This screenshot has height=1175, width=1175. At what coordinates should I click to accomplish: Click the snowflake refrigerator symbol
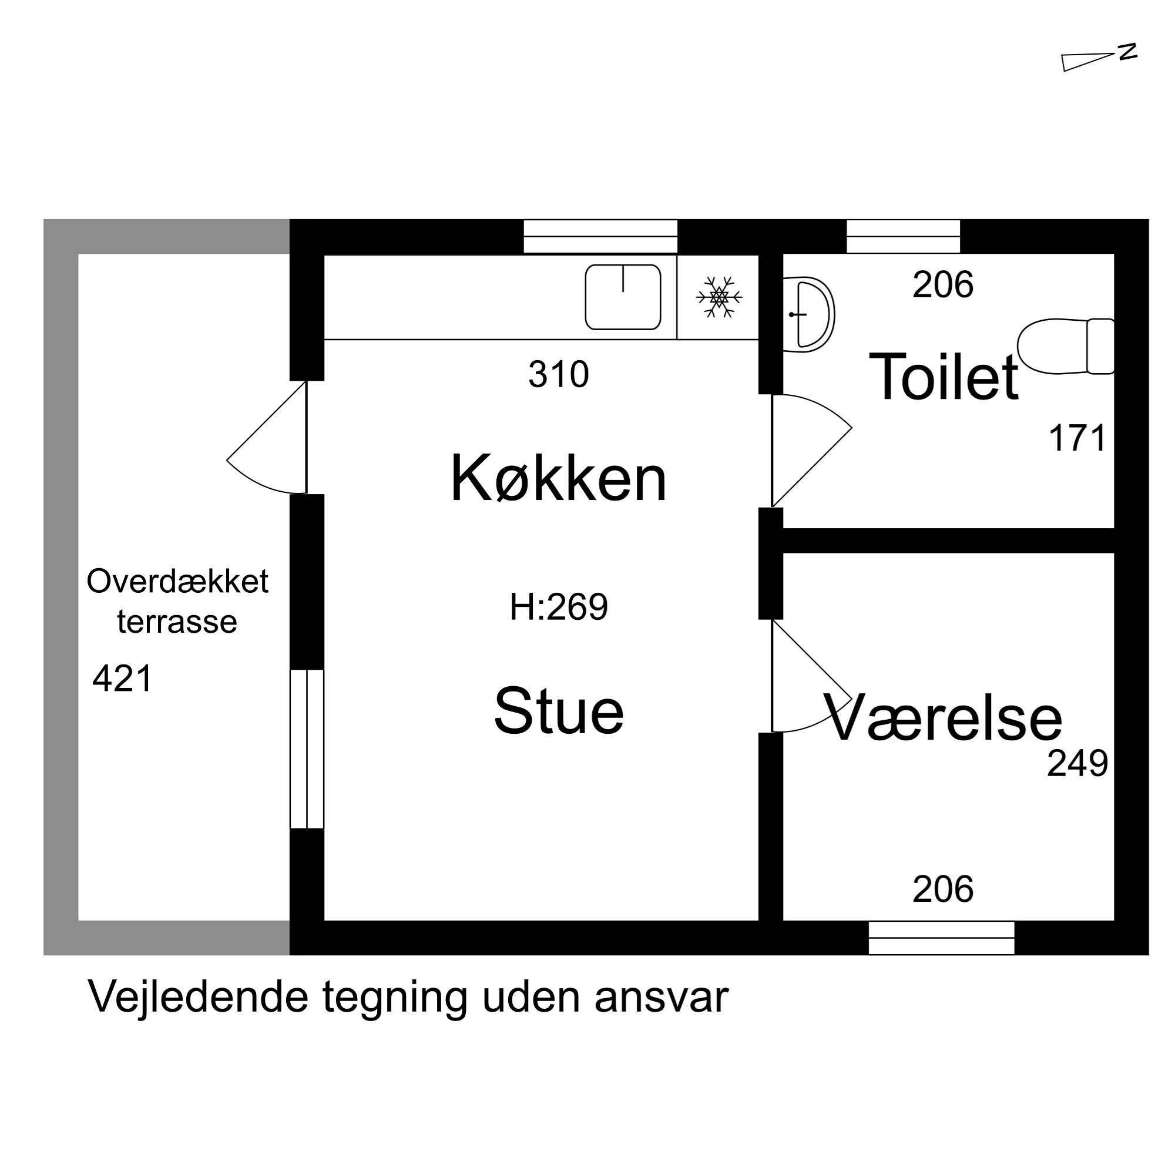click(x=719, y=297)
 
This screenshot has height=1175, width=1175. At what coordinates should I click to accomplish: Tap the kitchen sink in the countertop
click(x=623, y=297)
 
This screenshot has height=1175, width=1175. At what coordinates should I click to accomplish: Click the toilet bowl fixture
click(x=1066, y=346)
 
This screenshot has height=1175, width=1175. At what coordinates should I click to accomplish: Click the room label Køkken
click(x=558, y=480)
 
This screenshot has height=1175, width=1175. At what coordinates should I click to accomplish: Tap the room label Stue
click(x=558, y=710)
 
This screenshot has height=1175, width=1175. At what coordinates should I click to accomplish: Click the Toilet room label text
click(x=944, y=378)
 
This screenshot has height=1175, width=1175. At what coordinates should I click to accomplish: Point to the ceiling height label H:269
click(x=558, y=607)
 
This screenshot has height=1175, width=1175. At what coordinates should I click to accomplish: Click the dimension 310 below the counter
click(x=558, y=375)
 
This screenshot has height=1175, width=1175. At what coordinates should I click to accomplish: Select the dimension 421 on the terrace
click(x=122, y=679)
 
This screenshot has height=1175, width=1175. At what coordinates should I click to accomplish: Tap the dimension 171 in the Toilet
click(x=1077, y=438)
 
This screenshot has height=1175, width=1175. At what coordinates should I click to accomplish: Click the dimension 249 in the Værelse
click(x=1077, y=764)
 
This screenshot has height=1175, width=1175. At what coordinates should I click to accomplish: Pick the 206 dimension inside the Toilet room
click(x=943, y=284)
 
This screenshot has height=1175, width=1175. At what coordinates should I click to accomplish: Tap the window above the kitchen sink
click(x=600, y=237)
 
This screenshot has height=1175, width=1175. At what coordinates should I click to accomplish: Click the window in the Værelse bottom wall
click(x=941, y=938)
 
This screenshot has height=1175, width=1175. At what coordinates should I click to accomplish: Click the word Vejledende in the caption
click(x=198, y=998)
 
